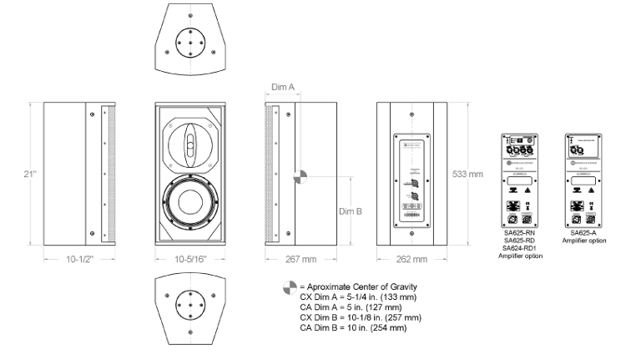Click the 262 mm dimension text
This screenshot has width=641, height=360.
pos(411,259)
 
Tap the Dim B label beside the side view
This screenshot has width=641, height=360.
pos(350,211)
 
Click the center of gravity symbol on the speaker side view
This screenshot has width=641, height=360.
pos(301,176)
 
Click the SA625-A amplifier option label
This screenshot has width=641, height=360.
pos(583,233)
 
